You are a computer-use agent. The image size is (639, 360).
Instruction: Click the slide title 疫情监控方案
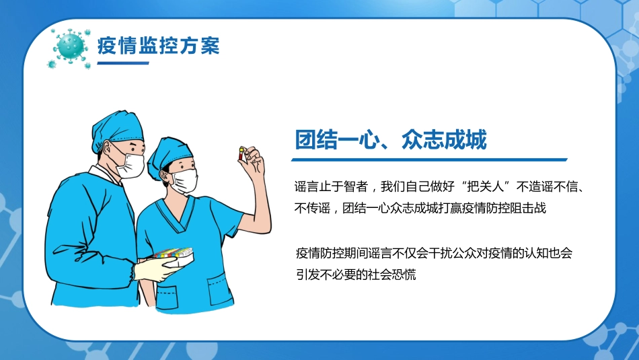(159, 46)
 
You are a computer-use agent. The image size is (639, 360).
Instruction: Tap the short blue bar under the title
(123, 63)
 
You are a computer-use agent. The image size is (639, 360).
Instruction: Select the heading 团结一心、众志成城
(391, 140)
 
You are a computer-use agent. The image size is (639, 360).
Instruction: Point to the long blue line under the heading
(428, 160)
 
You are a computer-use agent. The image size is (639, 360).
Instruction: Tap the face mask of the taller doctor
(132, 164)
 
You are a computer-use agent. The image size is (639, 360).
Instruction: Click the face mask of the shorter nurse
(184, 180)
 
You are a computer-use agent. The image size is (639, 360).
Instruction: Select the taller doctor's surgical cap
(118, 128)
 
